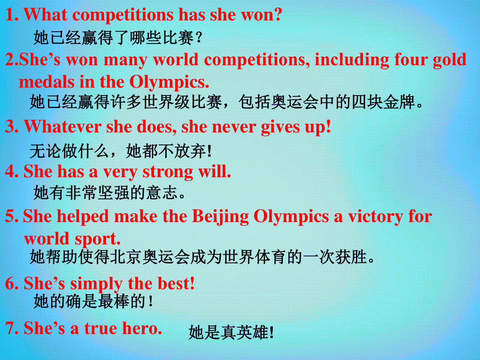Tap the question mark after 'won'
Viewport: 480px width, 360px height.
[277, 15]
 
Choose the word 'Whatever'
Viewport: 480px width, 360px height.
[62, 127]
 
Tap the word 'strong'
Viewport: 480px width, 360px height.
[168, 173]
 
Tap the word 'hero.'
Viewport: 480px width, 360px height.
[142, 328]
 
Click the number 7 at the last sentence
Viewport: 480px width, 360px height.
[10, 328]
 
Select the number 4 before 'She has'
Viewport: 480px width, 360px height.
[10, 172]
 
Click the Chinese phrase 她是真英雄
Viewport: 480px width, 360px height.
[231, 332]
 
